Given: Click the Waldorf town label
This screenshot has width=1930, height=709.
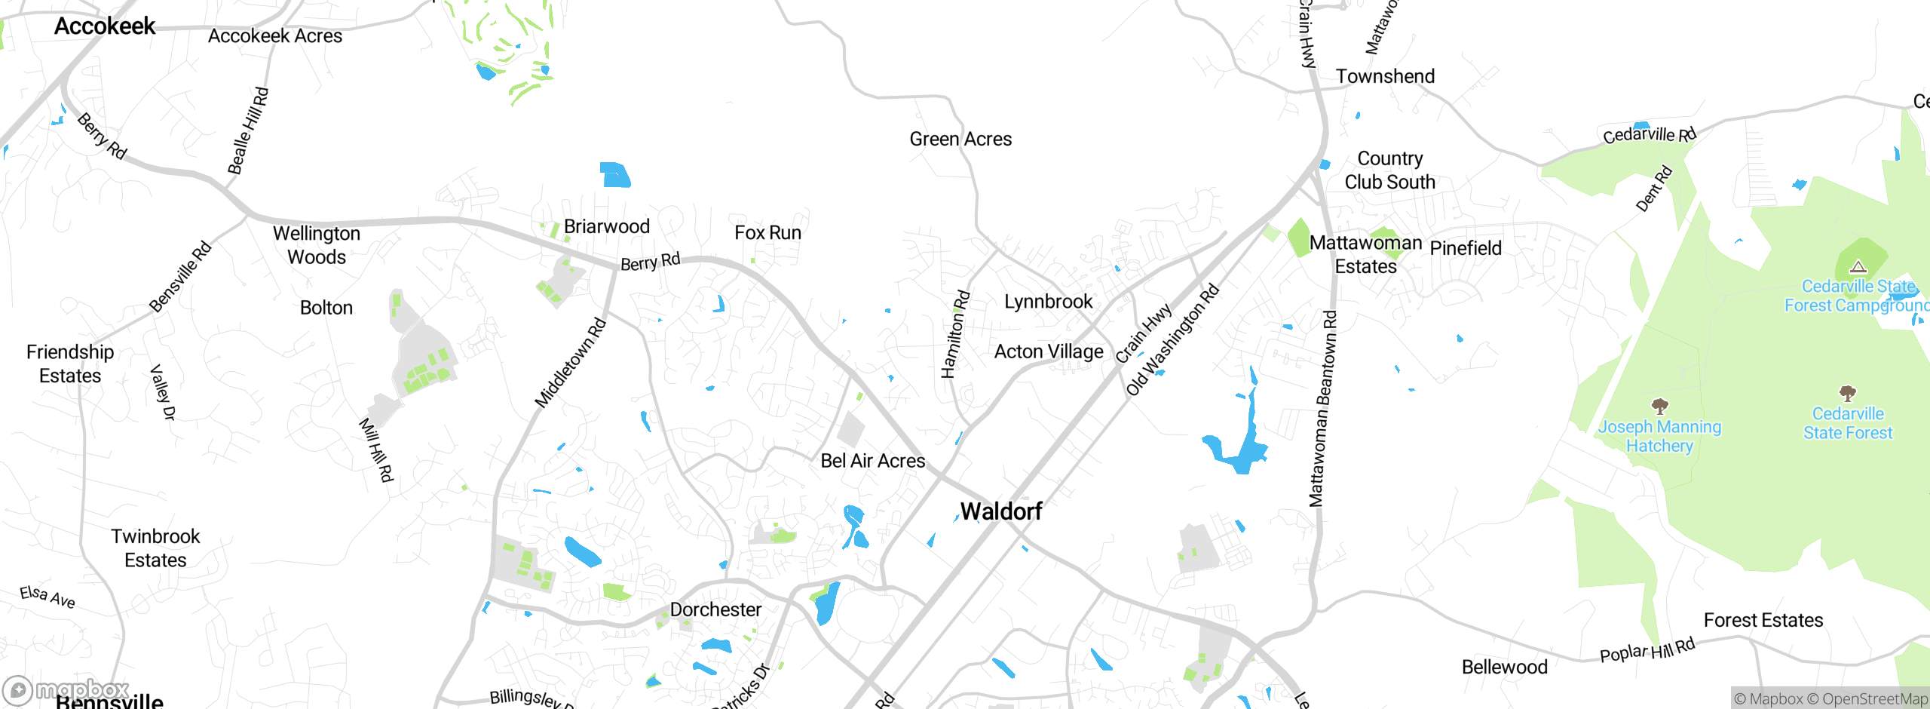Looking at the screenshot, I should (1001, 511).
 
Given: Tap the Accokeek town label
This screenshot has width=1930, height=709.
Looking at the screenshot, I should (105, 26).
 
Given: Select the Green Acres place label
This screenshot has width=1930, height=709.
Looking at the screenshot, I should (960, 140).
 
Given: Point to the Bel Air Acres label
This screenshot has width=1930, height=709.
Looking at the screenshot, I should (872, 461).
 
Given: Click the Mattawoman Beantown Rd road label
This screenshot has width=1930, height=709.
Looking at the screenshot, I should (1323, 408).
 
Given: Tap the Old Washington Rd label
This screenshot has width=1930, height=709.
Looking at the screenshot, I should (1172, 339).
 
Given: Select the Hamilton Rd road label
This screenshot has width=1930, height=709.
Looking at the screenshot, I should (954, 334).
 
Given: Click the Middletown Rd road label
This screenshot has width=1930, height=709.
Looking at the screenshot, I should (571, 363).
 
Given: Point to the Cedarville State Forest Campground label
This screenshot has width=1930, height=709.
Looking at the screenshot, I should (1856, 296).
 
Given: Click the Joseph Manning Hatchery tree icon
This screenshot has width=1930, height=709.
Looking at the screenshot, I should (1659, 407).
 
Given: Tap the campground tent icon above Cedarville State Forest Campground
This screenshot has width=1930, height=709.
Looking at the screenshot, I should (1858, 266).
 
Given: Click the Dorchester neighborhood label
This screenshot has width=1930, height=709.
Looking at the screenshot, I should (715, 609).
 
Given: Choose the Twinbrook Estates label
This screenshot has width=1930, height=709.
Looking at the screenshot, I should (155, 548).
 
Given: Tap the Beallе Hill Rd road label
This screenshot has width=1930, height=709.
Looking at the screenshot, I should (248, 130).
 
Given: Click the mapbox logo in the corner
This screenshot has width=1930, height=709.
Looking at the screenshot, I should (66, 690).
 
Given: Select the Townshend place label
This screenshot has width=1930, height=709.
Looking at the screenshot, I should (1385, 77).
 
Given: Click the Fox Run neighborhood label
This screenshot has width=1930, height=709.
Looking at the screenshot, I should (767, 233).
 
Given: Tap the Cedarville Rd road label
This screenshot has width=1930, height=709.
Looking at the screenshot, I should (1649, 135).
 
